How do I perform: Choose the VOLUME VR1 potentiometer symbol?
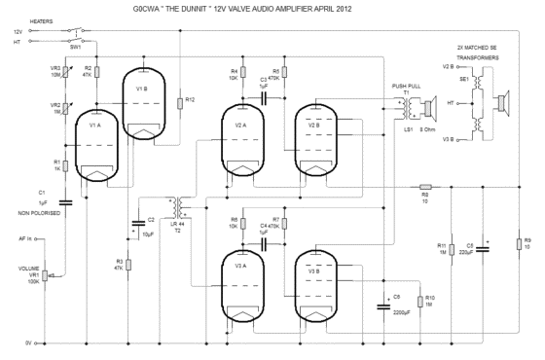tap(51, 277)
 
